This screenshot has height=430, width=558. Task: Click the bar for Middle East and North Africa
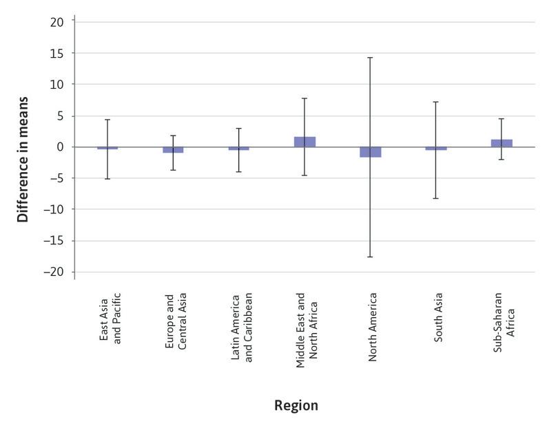(x=304, y=142)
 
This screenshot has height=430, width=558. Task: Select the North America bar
(x=371, y=152)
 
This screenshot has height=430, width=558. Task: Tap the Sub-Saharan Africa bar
(x=502, y=143)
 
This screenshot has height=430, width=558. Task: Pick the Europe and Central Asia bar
(x=173, y=150)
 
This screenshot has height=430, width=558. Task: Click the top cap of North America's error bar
(x=371, y=58)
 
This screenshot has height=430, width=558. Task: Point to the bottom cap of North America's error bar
(x=371, y=257)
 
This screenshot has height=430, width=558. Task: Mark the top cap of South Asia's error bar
(x=436, y=102)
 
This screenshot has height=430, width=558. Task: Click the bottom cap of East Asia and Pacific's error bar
(x=107, y=179)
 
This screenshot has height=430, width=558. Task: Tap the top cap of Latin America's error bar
(x=239, y=129)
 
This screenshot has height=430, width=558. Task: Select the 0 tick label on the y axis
(x=60, y=147)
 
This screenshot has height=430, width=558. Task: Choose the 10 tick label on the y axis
(x=57, y=85)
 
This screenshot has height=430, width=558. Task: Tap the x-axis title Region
(x=296, y=405)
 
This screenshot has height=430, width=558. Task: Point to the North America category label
(x=372, y=329)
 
